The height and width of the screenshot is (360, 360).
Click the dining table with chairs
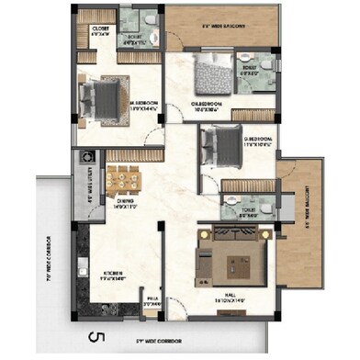pyautogui.click(x=121, y=177)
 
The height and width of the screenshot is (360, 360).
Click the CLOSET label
pyautogui.click(x=100, y=29)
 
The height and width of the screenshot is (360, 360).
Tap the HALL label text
pyautogui.click(x=232, y=298)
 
